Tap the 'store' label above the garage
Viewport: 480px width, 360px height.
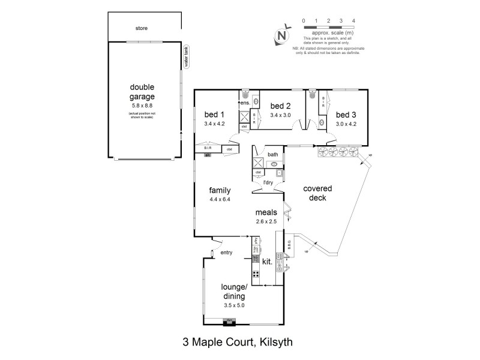[x=141, y=28]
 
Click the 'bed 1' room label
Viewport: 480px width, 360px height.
[x=214, y=115]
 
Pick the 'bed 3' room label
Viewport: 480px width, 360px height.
[x=346, y=115]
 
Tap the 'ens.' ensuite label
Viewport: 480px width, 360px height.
[x=245, y=103]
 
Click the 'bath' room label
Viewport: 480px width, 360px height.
[x=272, y=154]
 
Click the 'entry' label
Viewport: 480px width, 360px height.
[x=226, y=253]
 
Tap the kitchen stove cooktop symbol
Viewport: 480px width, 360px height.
[x=255, y=275]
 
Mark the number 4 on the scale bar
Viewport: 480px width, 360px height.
[x=353, y=20]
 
